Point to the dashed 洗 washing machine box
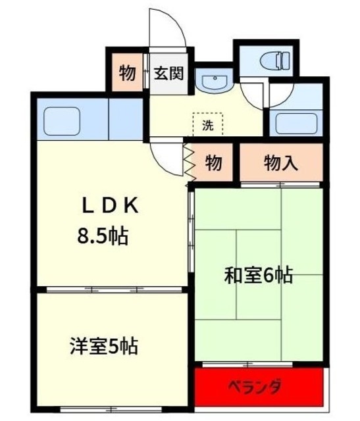[208, 124]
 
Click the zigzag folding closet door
[189, 162]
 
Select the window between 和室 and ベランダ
[258, 363]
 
